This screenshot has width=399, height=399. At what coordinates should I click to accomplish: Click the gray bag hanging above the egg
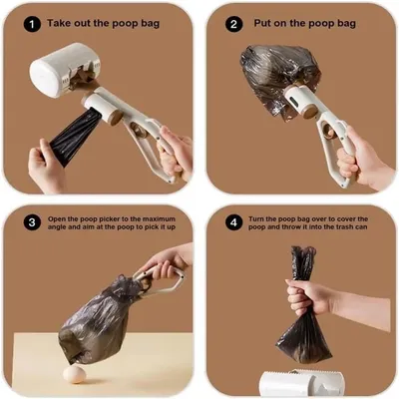(x=95, y=324)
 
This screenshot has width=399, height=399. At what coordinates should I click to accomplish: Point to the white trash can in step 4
(x=299, y=383)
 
